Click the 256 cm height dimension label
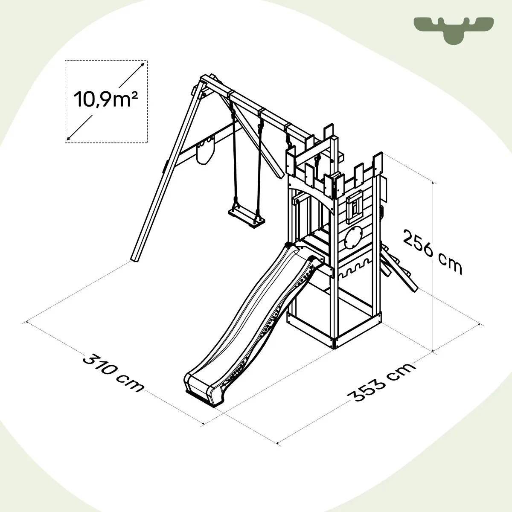(x=432, y=252)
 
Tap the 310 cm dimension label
(x=113, y=373)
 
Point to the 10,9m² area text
(x=105, y=99)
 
